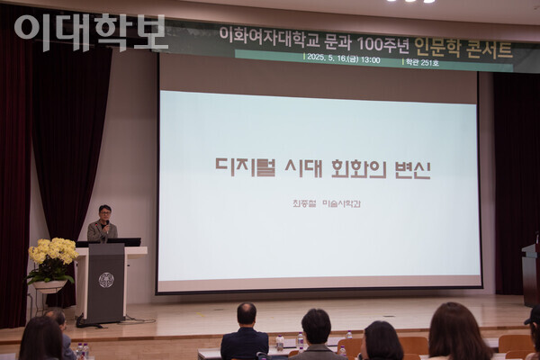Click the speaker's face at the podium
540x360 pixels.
104,213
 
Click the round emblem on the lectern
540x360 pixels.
106,280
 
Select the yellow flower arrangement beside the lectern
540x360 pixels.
51,256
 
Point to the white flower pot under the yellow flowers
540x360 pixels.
50,285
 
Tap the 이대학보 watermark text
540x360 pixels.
91,32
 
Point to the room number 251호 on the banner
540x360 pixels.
423,62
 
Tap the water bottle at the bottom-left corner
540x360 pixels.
83,351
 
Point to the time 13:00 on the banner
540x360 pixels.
369,60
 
